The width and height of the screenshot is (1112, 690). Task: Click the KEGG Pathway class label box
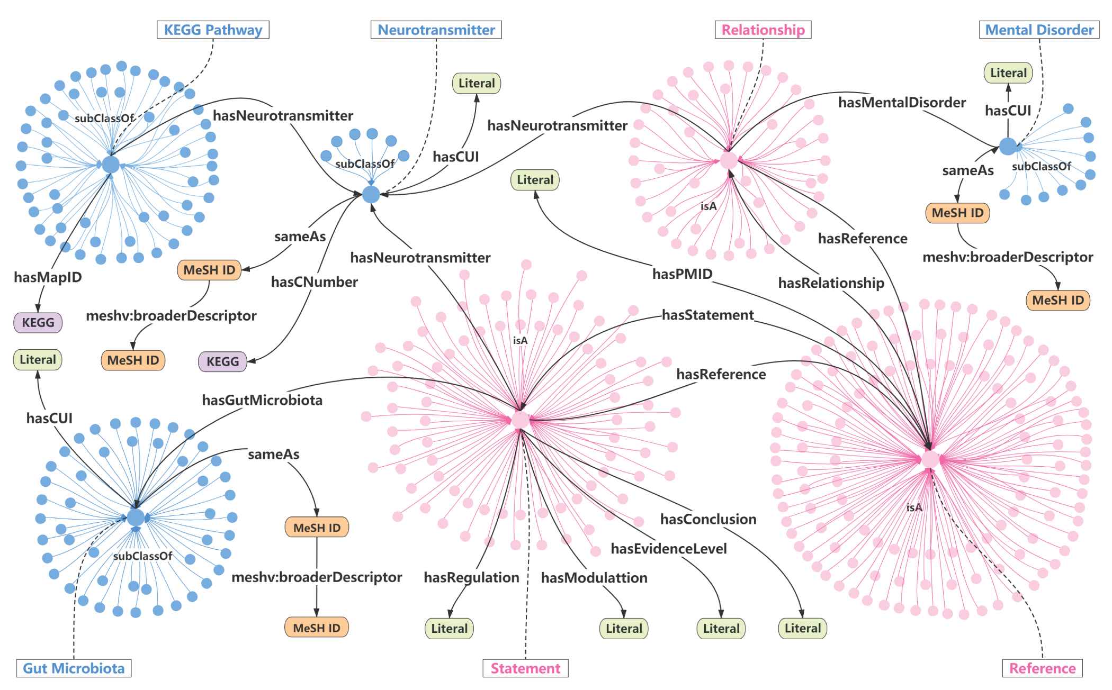tap(213, 30)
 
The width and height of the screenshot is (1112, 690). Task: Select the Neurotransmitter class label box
tap(436, 30)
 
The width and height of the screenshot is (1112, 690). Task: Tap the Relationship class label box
tap(763, 30)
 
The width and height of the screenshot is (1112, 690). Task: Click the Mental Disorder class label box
tap(1039, 30)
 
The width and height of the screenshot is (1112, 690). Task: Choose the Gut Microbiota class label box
tap(74, 668)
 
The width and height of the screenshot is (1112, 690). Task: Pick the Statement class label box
tap(525, 668)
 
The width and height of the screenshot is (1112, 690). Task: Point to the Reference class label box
tap(1042, 668)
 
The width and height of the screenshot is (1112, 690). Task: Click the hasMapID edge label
tap(48, 277)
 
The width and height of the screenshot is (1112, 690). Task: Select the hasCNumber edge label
tap(314, 282)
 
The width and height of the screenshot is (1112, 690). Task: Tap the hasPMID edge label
tap(682, 274)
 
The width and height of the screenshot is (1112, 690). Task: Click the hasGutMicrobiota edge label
tap(262, 400)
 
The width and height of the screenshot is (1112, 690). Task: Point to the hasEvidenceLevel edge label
tap(668, 549)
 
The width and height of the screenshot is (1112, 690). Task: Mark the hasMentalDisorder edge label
tap(902, 102)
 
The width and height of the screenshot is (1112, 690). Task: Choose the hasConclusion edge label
tap(708, 519)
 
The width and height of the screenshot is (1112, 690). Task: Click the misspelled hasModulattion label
tap(594, 577)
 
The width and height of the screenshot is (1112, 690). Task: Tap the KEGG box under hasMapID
tap(38, 322)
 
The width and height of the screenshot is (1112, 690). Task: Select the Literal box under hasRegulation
tap(449, 628)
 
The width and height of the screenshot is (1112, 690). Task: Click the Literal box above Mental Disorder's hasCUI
tap(1008, 73)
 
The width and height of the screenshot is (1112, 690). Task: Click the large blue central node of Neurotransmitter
tap(371, 194)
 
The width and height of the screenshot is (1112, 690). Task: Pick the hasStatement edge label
tap(707, 315)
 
